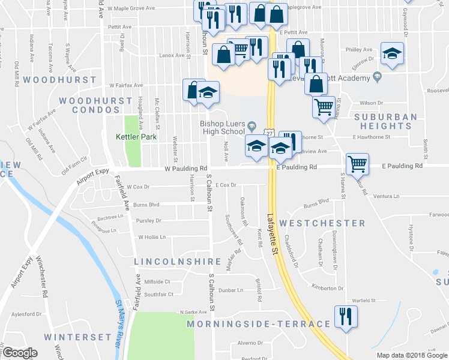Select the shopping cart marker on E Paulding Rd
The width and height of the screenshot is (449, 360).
click(x=357, y=163)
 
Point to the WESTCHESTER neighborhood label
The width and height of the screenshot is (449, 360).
click(x=322, y=223)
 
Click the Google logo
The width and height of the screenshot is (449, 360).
click(x=20, y=353)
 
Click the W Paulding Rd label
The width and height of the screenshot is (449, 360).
click(x=187, y=169)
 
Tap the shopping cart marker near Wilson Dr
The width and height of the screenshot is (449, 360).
click(x=324, y=107)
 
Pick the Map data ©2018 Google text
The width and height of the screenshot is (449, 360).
click(x=411, y=355)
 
